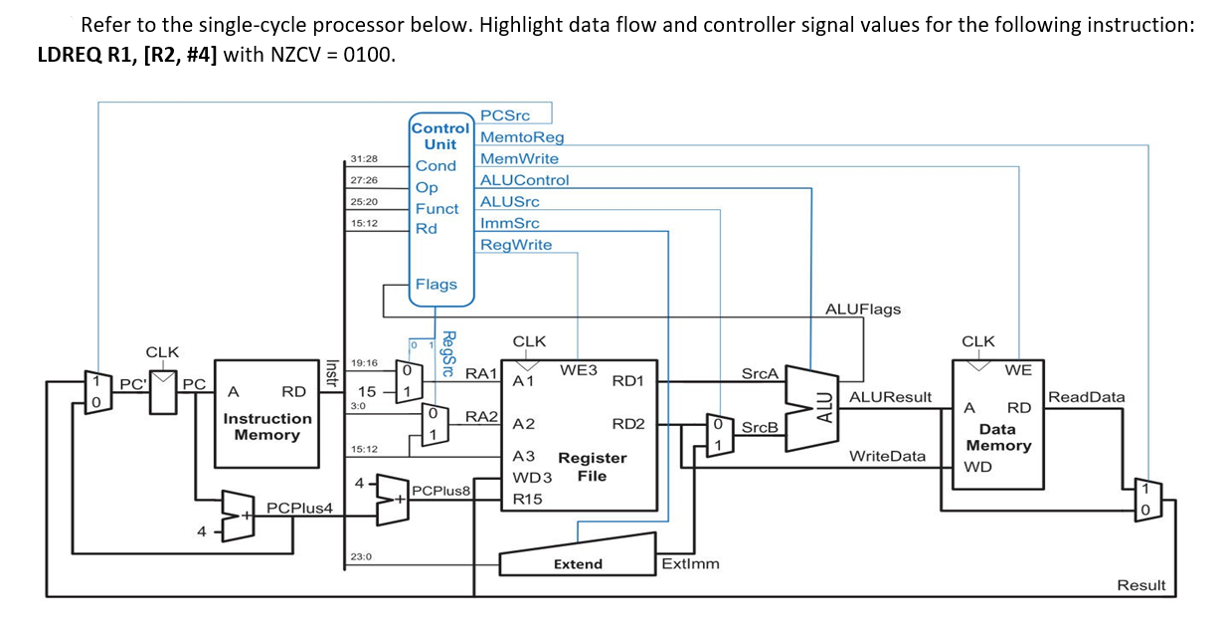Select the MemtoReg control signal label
tap(521, 137)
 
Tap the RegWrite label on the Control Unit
tap(515, 245)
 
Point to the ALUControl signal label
tap(524, 180)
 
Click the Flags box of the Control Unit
tap(436, 285)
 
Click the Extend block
tap(578, 563)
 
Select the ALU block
tap(821, 406)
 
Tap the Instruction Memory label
tap(267, 427)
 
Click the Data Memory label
tap(997, 437)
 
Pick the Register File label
tap(592, 467)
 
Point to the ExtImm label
tap(690, 564)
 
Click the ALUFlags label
tap(863, 309)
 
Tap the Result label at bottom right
tap(1140, 585)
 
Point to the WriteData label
tap(887, 456)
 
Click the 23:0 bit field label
tap(360, 557)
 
